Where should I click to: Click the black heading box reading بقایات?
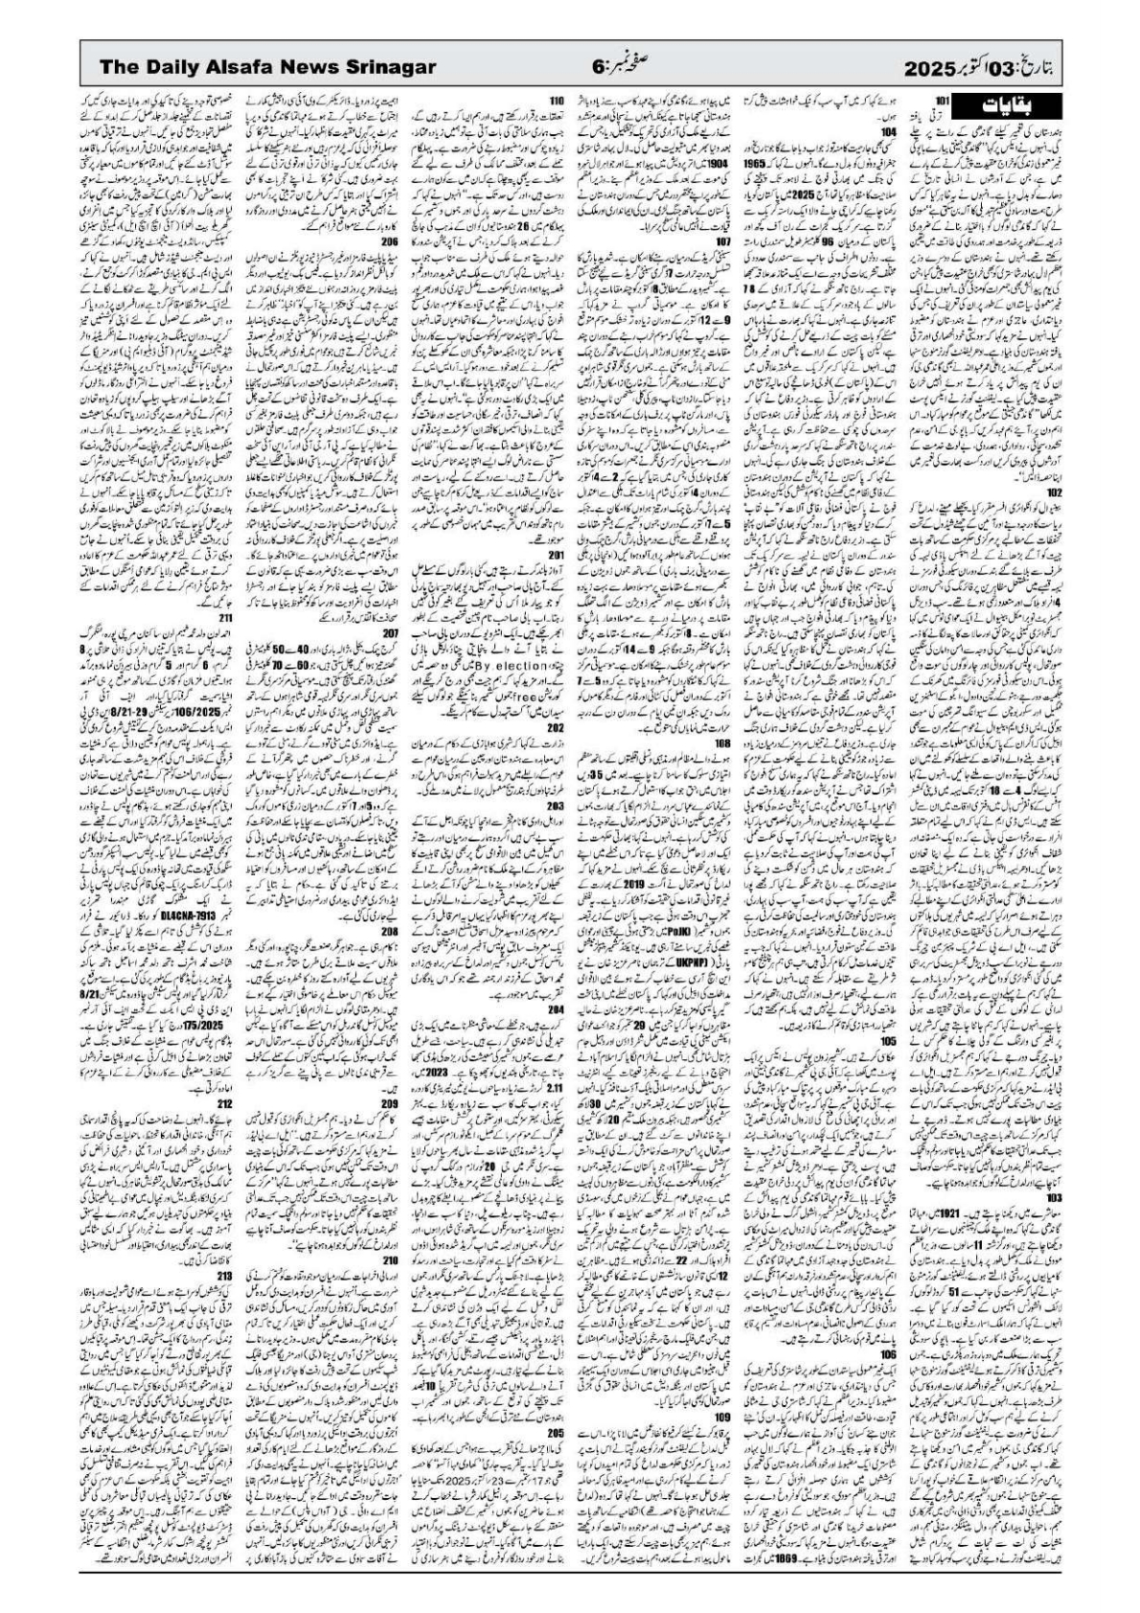1014,102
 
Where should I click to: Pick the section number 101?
942,99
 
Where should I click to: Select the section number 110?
557,99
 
